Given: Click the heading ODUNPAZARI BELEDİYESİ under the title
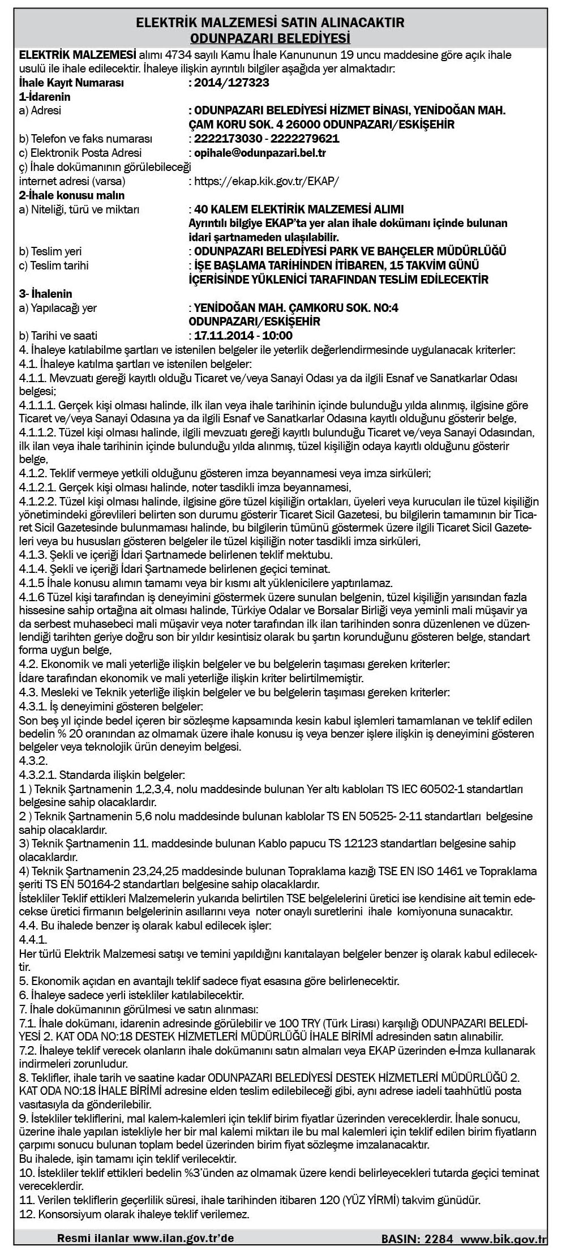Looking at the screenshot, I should tap(270, 38).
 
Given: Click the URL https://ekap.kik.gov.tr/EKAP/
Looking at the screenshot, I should tap(266, 182).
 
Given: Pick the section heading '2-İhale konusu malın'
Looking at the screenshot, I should tap(71, 196).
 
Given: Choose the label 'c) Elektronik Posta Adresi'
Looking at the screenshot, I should tap(80, 153).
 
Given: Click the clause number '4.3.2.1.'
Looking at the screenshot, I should tap(37, 774).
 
